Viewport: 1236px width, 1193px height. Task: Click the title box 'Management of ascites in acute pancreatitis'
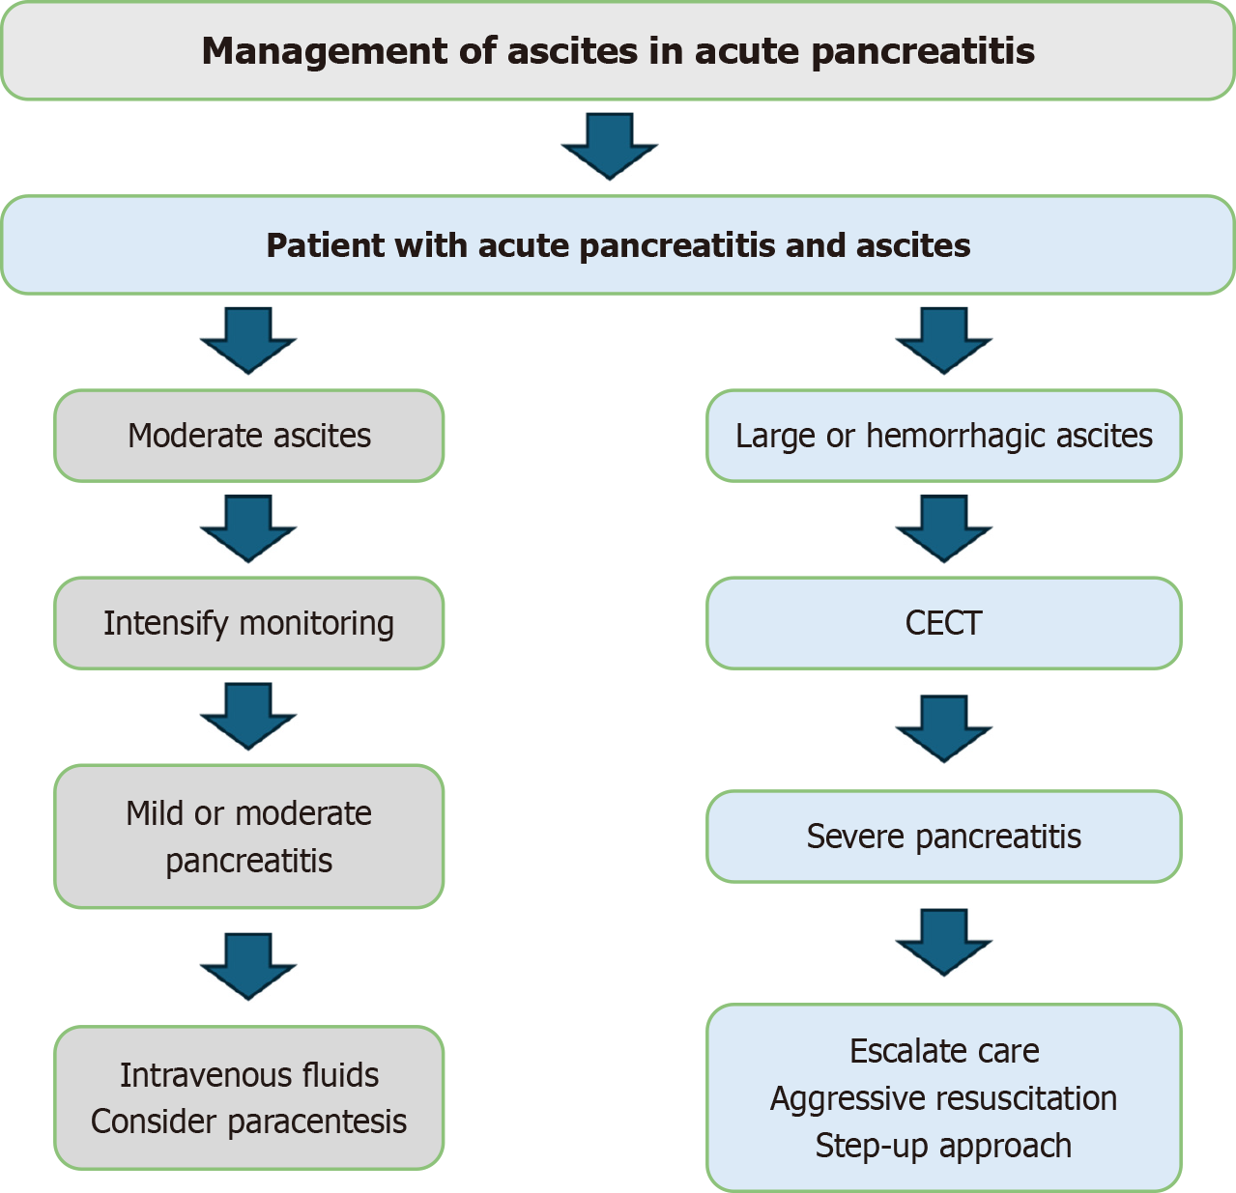coord(618,51)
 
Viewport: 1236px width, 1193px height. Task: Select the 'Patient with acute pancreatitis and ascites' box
coord(618,245)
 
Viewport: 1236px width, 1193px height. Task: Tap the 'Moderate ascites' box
coord(248,436)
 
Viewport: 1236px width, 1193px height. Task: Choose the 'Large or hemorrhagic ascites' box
coord(943,436)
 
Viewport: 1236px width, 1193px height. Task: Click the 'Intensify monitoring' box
coord(248,623)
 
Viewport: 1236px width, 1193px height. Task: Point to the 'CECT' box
coord(943,623)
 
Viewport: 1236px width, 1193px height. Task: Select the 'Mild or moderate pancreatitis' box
coord(248,837)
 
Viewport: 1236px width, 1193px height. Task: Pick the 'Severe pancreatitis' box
coord(943,837)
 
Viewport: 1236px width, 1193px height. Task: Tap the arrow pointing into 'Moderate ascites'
coord(248,341)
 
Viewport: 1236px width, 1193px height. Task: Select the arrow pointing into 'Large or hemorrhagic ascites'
coord(943,341)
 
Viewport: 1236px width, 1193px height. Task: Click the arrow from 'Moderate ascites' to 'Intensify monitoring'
coord(248,528)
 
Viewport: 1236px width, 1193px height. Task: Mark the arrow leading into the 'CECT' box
coord(943,528)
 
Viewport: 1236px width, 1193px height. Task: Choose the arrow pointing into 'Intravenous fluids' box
coord(248,966)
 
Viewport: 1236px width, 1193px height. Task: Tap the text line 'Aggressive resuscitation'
coord(943,1098)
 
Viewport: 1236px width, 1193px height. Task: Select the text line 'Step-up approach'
coord(943,1146)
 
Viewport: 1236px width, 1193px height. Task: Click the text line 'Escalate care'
coord(943,1051)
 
